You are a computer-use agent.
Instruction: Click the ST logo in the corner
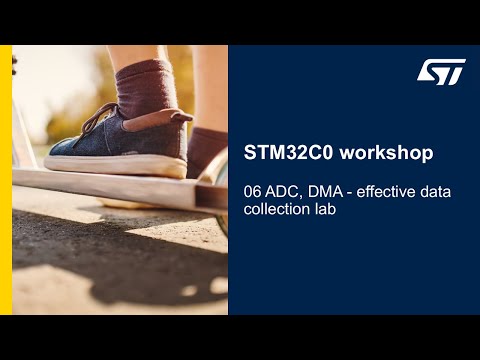click(440, 72)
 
